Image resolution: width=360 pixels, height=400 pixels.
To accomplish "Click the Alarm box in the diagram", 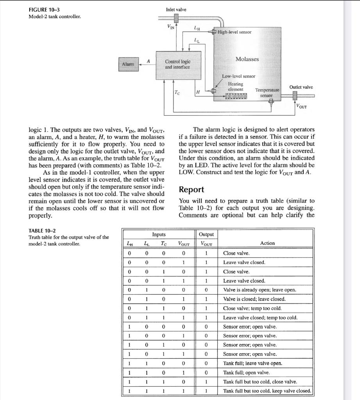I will point(128,64).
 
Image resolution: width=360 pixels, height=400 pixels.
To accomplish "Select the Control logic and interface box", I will point(177,64).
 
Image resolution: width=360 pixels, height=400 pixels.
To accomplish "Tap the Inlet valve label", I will point(176,9).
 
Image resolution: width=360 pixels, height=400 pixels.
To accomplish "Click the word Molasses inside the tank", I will point(247,59).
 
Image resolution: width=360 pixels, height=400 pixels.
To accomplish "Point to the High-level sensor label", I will point(235,32).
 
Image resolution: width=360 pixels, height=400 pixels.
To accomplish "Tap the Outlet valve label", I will point(301,87).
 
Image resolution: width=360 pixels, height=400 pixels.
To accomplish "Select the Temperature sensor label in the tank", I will point(267,93).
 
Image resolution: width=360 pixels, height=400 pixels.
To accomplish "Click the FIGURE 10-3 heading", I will point(45,9).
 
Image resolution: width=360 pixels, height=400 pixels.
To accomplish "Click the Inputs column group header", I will point(158,234).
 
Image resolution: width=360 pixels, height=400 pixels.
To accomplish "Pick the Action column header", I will point(267,243).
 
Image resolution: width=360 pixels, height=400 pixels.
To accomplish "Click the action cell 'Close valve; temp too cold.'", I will point(252,308).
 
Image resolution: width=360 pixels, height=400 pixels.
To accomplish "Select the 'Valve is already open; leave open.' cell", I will point(259,290).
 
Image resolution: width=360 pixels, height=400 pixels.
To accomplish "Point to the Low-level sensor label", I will point(238,77).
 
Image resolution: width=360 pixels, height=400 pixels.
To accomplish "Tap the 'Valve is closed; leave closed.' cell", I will point(254,299).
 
